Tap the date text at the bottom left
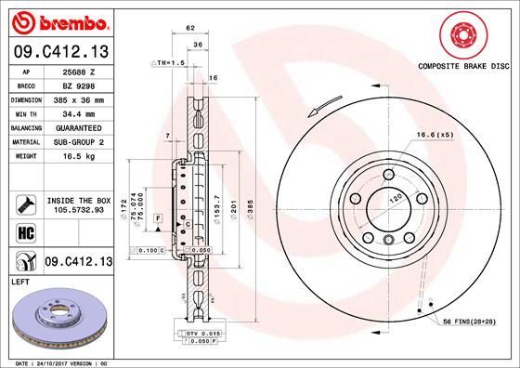tap(61, 361)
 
